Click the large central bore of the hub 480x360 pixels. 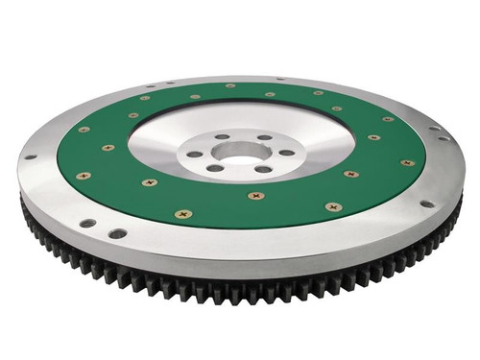click(x=236, y=152)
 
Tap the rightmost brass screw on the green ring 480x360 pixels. click(x=408, y=163)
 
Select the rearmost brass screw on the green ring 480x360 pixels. click(x=230, y=86)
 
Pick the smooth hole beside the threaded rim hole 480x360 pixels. click(x=117, y=232)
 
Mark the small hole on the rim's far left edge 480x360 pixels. click(x=31, y=156)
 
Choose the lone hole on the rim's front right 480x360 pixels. click(x=425, y=204)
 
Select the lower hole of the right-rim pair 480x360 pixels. click(x=447, y=139)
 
